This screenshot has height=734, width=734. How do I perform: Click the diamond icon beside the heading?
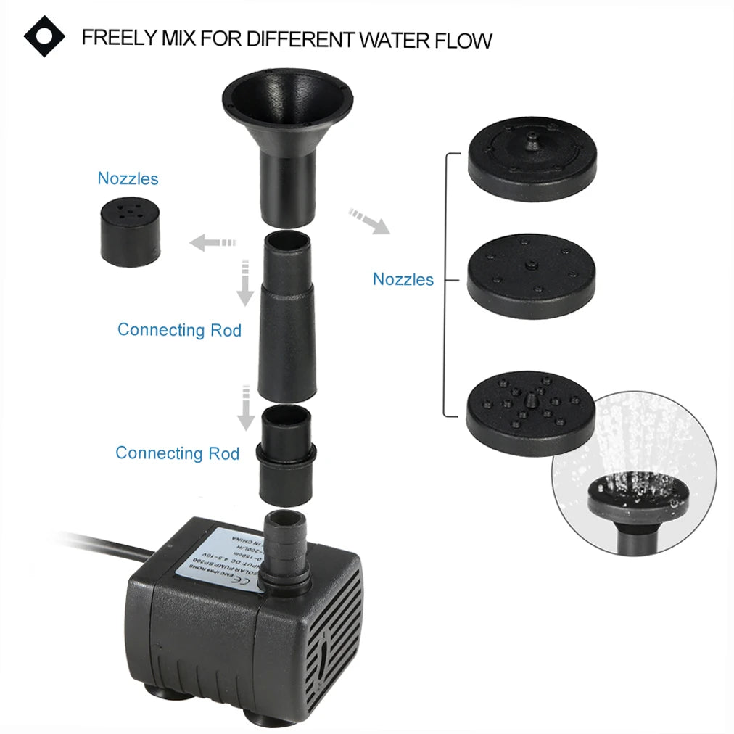tap(44, 36)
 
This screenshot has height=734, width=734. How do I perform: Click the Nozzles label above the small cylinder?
tap(128, 178)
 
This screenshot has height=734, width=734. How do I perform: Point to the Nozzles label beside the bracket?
tap(403, 279)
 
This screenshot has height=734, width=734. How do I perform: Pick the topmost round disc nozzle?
tap(532, 154)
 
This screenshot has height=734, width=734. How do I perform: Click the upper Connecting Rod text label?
tap(179, 330)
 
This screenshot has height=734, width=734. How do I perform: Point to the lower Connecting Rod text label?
tap(177, 453)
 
